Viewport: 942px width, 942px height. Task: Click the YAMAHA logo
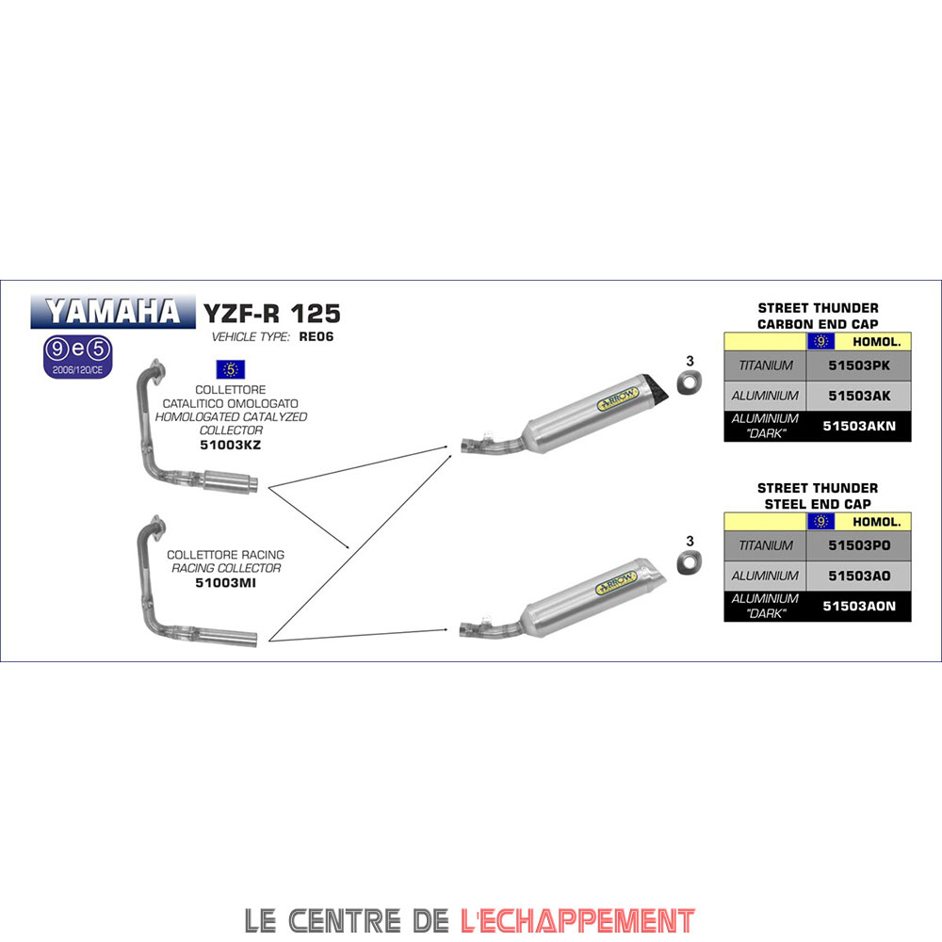(113, 312)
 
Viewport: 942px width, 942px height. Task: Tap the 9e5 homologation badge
(78, 357)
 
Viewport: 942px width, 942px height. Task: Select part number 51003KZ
(231, 446)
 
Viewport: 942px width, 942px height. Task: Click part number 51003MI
(226, 583)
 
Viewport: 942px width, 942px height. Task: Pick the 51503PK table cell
(859, 365)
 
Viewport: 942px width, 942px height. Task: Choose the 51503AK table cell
(859, 396)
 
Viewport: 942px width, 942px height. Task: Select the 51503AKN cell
(859, 426)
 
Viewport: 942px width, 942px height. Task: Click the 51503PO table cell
(859, 545)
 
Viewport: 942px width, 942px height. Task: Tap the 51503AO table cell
(859, 577)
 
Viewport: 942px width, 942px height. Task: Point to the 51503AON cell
(859, 606)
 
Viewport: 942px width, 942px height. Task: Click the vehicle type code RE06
(316, 337)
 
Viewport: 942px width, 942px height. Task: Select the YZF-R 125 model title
(272, 314)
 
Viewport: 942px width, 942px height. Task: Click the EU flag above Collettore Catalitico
(231, 369)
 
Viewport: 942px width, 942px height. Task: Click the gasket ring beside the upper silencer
(690, 382)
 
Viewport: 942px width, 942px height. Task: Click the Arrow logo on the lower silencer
(616, 582)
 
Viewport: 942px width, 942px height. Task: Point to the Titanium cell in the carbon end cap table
(765, 365)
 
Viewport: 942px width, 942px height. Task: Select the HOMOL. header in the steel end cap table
(876, 522)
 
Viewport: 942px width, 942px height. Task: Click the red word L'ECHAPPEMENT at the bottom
(578, 920)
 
